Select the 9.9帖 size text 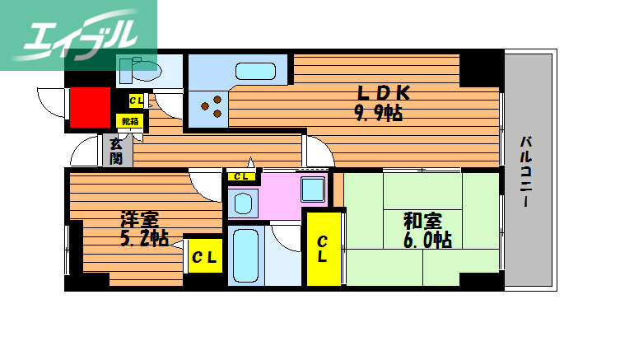click(378, 113)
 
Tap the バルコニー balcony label click(524, 172)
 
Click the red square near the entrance click(90, 107)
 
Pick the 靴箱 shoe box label click(130, 120)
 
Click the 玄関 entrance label click(117, 151)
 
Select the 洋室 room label click(139, 220)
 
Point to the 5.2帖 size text click(144, 239)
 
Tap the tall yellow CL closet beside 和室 click(324, 249)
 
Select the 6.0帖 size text click(426, 240)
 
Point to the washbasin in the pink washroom click(241, 202)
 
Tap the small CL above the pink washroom click(241, 176)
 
